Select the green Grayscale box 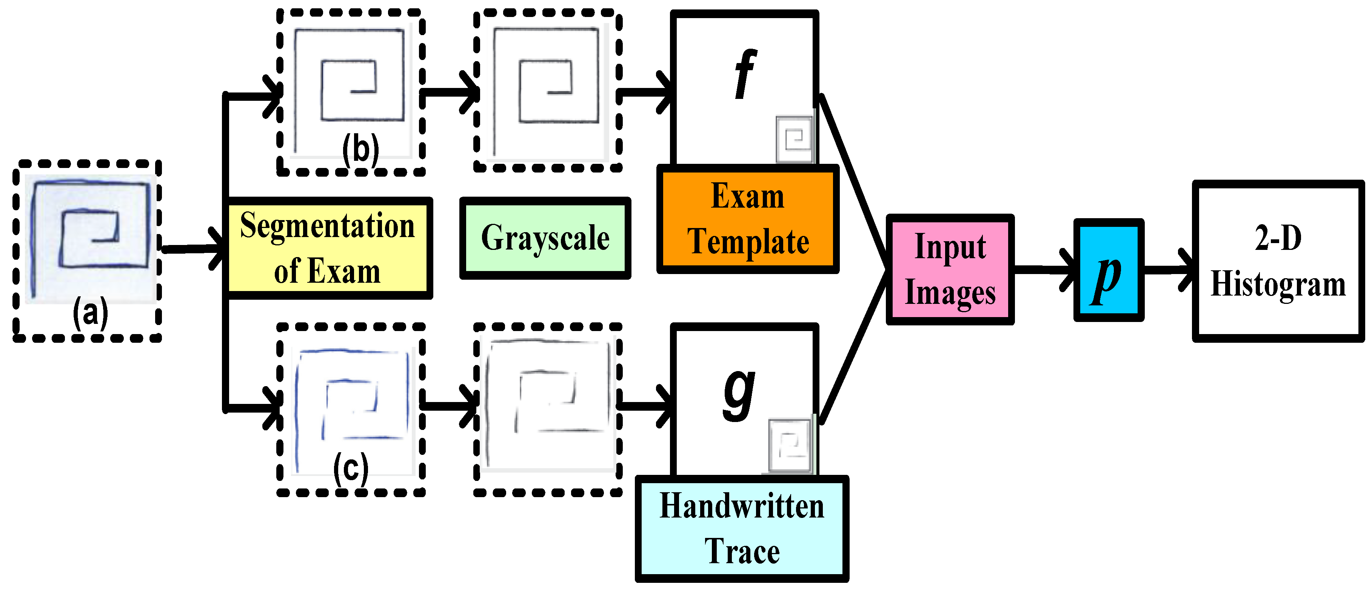(545, 238)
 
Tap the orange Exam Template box (747, 219)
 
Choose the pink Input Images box (950, 270)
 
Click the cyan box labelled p (1108, 270)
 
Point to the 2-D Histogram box (1277, 261)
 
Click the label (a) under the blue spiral (90, 313)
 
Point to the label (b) (360, 149)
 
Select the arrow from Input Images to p (1044, 270)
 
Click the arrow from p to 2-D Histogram (1169, 270)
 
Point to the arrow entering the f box (647, 92)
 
